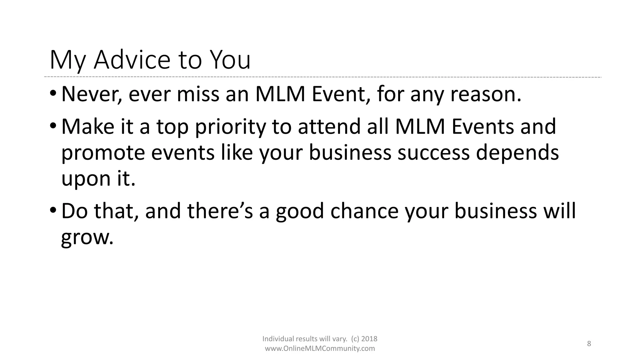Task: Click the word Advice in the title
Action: point(132,60)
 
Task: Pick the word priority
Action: point(230,127)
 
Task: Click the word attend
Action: point(329,127)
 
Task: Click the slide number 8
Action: point(589,344)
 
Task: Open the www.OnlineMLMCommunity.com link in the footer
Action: point(320,349)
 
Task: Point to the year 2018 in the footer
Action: point(369,339)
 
